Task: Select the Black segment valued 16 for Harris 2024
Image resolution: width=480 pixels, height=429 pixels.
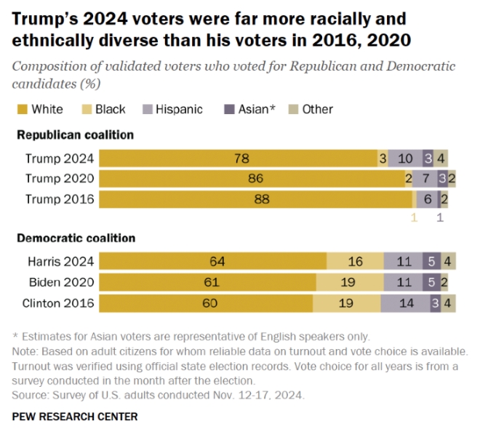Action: (355, 262)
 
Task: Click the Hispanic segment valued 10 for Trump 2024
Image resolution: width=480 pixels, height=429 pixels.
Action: (405, 159)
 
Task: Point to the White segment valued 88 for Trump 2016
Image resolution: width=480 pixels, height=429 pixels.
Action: (255, 199)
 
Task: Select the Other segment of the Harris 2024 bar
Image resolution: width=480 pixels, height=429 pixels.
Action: (449, 262)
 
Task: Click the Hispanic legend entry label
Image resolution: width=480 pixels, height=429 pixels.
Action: (180, 109)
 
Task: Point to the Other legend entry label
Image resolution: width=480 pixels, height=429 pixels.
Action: (317, 109)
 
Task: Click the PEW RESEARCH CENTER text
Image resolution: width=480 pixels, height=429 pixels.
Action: (74, 417)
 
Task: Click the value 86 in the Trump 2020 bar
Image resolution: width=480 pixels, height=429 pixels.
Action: (255, 179)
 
